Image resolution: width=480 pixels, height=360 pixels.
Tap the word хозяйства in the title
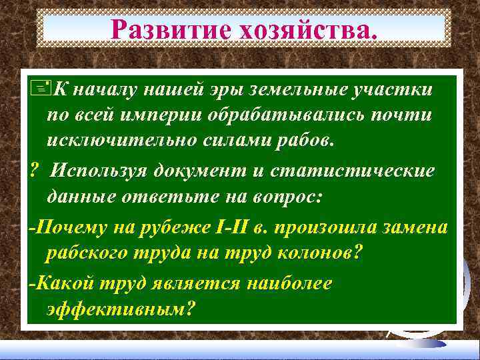tap(310, 29)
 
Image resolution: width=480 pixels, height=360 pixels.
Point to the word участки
tap(393, 89)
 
